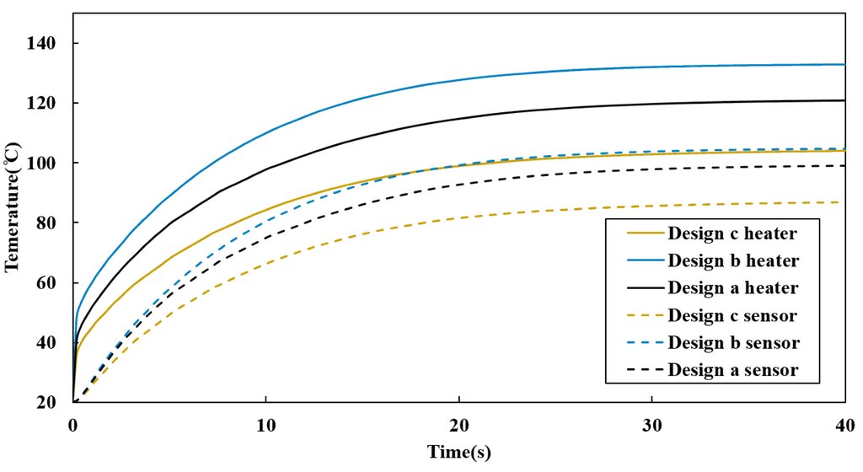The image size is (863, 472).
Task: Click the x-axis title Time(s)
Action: [x=458, y=452]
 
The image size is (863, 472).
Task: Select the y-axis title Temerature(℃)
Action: [x=12, y=207]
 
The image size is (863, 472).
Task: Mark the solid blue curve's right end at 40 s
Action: [x=844, y=64]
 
